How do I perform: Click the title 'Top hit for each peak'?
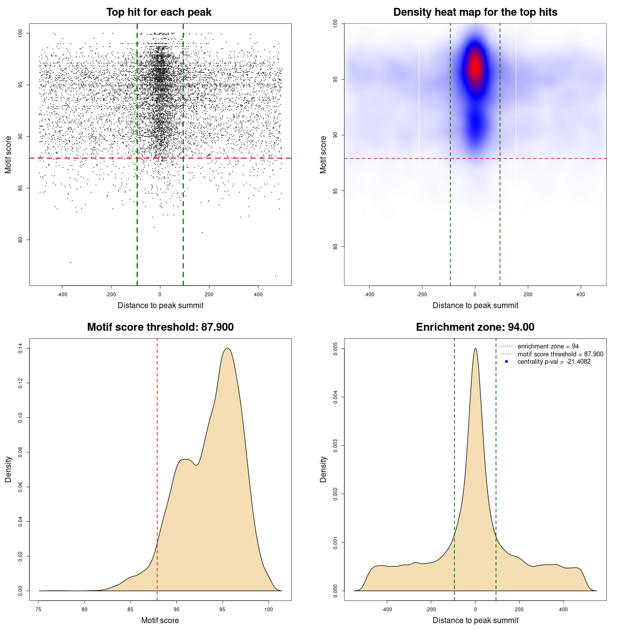point(159,12)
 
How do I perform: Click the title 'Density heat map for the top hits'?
point(475,12)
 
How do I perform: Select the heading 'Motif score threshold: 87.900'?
point(160,327)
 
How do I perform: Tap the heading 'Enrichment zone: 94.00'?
point(475,327)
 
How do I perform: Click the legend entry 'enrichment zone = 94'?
point(548,346)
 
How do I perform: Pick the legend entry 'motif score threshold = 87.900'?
point(560,354)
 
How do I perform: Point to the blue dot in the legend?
point(506,362)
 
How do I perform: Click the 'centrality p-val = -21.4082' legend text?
point(554,362)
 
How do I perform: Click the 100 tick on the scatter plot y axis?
point(20,33)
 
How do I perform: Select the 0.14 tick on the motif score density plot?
point(20,348)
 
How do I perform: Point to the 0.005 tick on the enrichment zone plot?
point(335,349)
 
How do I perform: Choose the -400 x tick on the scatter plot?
point(62,295)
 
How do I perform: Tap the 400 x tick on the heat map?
point(581,295)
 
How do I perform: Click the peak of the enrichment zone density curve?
point(475,349)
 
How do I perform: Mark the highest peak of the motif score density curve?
point(227,348)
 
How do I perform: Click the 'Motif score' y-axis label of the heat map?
point(323,155)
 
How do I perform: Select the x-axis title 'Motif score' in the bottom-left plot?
point(160,620)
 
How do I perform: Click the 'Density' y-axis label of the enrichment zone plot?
point(323,469)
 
